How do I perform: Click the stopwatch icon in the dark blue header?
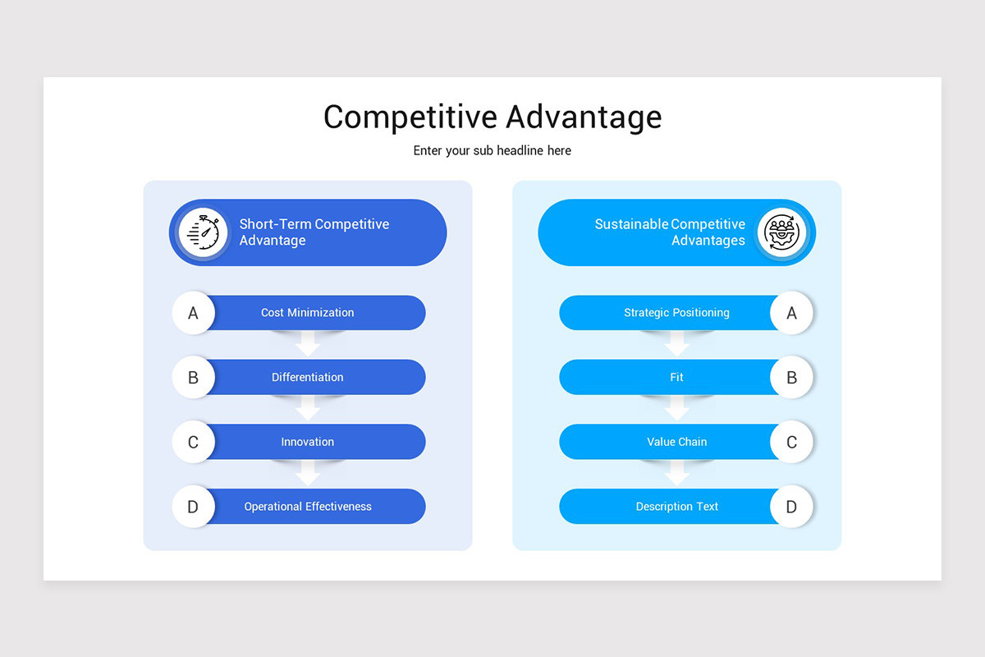204,232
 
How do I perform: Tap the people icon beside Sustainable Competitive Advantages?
781,232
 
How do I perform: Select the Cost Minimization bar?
308,313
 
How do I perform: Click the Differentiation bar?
308,378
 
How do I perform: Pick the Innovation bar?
308,442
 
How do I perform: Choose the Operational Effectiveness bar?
308,507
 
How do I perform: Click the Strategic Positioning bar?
676,313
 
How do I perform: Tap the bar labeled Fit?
676,378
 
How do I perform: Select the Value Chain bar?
676,442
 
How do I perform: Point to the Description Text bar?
676,507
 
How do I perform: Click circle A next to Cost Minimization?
194,313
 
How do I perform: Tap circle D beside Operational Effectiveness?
194,507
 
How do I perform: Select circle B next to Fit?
791,378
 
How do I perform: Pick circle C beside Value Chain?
791,442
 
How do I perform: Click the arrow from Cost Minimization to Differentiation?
308,343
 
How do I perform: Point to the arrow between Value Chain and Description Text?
676,472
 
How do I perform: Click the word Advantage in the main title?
584,117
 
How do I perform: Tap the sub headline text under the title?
492,151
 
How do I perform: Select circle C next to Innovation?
194,442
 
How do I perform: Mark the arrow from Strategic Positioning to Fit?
676,343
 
